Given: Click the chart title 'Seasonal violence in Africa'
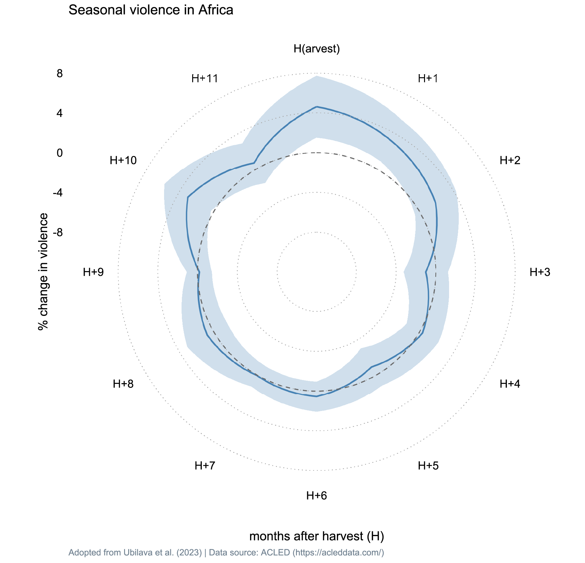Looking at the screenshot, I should tap(151, 10).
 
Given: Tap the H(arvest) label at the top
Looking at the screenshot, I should tap(317, 49).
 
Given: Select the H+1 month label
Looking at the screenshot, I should tap(428, 79).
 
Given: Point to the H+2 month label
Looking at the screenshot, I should tap(510, 160).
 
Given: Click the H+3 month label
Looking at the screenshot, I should tap(540, 272).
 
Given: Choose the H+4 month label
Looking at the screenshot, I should tap(510, 384).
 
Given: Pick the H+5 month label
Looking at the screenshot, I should tap(428, 466).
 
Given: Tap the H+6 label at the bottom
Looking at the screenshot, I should tap(317, 496).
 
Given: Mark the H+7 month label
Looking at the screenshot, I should tap(205, 466).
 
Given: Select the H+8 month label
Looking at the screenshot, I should tap(123, 384).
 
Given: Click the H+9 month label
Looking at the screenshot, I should tap(93, 272).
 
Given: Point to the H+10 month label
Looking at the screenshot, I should tap(123, 160).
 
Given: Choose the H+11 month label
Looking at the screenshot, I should tap(205, 79).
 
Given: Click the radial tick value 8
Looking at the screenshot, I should tap(59, 74).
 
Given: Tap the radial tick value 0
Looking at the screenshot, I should tap(59, 153).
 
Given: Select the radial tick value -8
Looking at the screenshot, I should tap(58, 233).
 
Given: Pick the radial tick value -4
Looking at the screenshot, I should tap(58, 193).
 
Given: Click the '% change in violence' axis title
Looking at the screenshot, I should tap(43, 271).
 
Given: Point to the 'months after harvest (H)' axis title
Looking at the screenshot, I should tap(317, 536).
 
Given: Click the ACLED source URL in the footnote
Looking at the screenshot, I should tap(338, 553).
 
